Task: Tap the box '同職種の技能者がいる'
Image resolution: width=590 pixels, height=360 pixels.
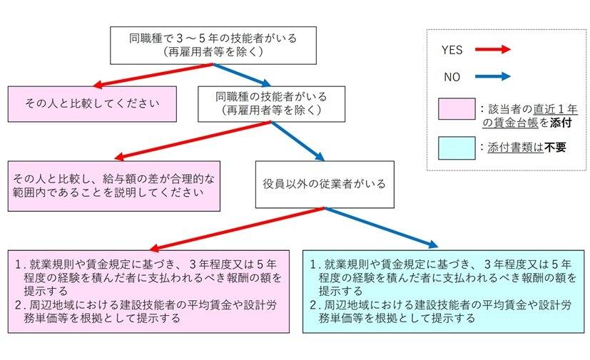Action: (x=270, y=103)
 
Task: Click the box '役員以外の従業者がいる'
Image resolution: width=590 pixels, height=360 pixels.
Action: (x=325, y=184)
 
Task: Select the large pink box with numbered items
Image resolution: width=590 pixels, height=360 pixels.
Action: (x=148, y=291)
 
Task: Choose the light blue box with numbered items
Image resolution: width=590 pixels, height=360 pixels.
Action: (x=447, y=291)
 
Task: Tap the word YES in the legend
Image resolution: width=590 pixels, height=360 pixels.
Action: (x=452, y=50)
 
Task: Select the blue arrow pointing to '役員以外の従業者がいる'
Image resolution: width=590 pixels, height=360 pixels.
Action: (x=297, y=142)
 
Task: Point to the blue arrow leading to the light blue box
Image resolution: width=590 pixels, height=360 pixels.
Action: (x=382, y=227)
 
